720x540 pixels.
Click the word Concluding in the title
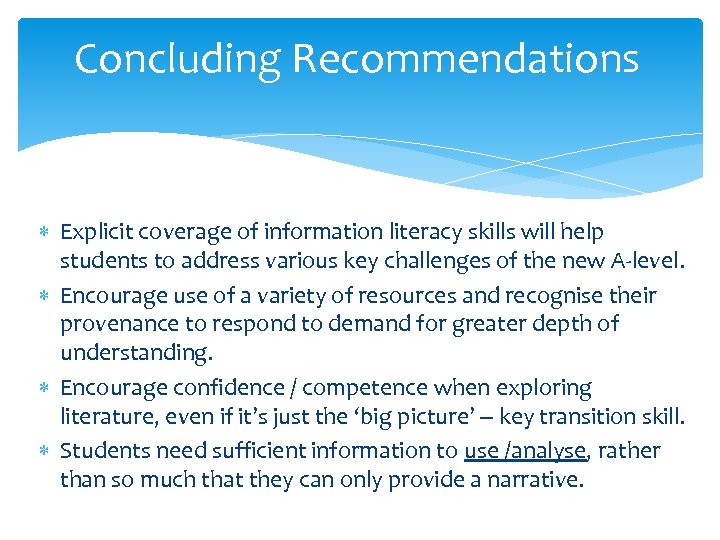point(177,59)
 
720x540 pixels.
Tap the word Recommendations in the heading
point(465,59)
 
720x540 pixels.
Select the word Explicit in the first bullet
point(96,233)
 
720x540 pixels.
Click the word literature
point(103,417)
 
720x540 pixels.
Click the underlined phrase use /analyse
point(525,451)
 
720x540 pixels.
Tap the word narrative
point(531,480)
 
